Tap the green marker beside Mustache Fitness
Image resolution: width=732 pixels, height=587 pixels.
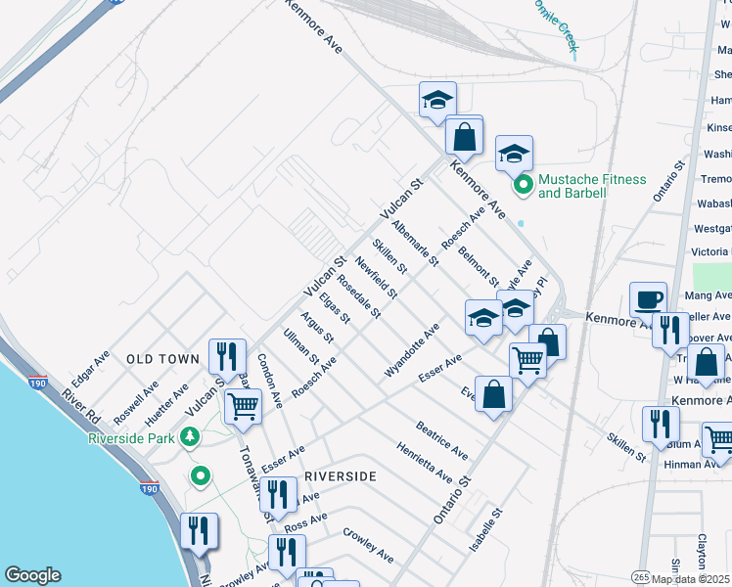point(524,184)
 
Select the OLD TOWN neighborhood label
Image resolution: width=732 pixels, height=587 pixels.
point(163,360)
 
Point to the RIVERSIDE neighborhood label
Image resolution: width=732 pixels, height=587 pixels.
point(341,475)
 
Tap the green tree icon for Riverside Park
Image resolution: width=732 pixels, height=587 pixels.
point(194,436)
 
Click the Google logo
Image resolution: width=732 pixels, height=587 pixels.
point(32,575)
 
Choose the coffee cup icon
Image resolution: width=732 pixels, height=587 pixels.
point(647,299)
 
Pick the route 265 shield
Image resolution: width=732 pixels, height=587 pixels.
point(640,575)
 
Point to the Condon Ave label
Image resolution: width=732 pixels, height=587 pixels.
point(270,380)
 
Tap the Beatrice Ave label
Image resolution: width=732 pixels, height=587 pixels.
point(440,441)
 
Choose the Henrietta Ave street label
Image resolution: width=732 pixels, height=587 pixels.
point(423,463)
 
